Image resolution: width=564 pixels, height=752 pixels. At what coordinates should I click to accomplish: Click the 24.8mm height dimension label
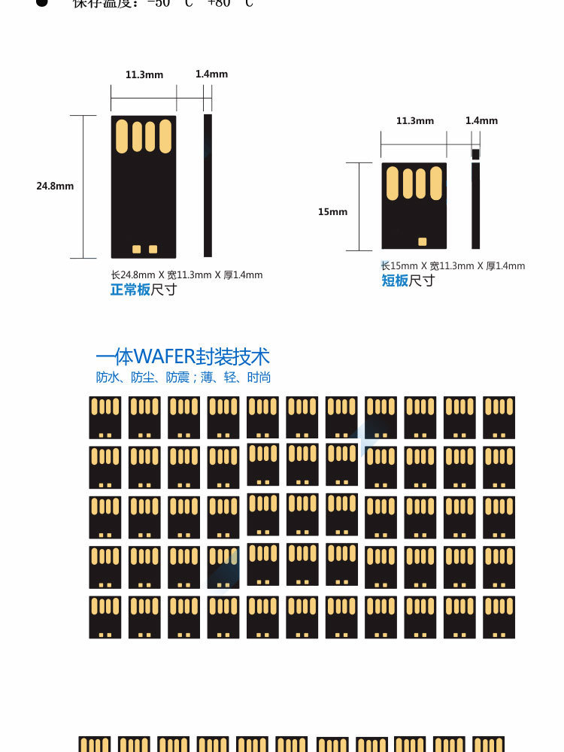(x=55, y=186)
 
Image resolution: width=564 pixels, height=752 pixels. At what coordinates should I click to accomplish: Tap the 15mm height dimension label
(x=332, y=212)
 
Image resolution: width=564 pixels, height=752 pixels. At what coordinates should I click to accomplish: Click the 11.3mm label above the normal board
(x=144, y=74)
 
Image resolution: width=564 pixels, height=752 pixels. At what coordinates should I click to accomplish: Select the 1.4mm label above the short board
(x=481, y=120)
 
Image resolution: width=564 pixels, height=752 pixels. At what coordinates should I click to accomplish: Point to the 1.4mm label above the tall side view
(x=211, y=74)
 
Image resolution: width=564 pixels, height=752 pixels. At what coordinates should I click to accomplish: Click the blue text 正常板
(x=130, y=290)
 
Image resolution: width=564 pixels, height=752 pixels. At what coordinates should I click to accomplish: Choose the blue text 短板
(x=395, y=280)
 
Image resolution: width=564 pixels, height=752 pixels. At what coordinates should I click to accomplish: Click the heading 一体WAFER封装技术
(x=183, y=356)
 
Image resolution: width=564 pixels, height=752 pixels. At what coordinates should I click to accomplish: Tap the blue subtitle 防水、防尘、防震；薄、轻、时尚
(x=183, y=378)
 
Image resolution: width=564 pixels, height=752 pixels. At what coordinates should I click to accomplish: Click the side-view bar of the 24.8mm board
(x=208, y=186)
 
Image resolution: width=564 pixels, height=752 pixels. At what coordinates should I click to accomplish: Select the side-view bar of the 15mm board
(x=475, y=205)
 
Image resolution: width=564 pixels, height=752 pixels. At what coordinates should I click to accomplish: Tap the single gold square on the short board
(x=422, y=241)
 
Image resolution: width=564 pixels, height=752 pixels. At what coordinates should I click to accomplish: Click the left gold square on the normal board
(x=136, y=249)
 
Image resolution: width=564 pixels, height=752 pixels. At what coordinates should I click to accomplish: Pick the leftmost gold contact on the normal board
(x=122, y=136)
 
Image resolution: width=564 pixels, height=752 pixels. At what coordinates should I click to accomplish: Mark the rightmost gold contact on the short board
(x=436, y=183)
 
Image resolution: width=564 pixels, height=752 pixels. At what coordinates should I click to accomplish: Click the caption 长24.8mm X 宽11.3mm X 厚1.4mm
(x=186, y=275)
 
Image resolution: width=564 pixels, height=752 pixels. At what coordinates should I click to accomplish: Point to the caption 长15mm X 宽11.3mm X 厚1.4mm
(x=453, y=266)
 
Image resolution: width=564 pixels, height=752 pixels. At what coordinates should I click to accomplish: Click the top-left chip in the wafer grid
(x=105, y=417)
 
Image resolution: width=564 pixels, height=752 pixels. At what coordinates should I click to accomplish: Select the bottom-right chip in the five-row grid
(x=499, y=617)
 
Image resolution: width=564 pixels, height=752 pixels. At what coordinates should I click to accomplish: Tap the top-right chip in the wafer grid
(x=499, y=417)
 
